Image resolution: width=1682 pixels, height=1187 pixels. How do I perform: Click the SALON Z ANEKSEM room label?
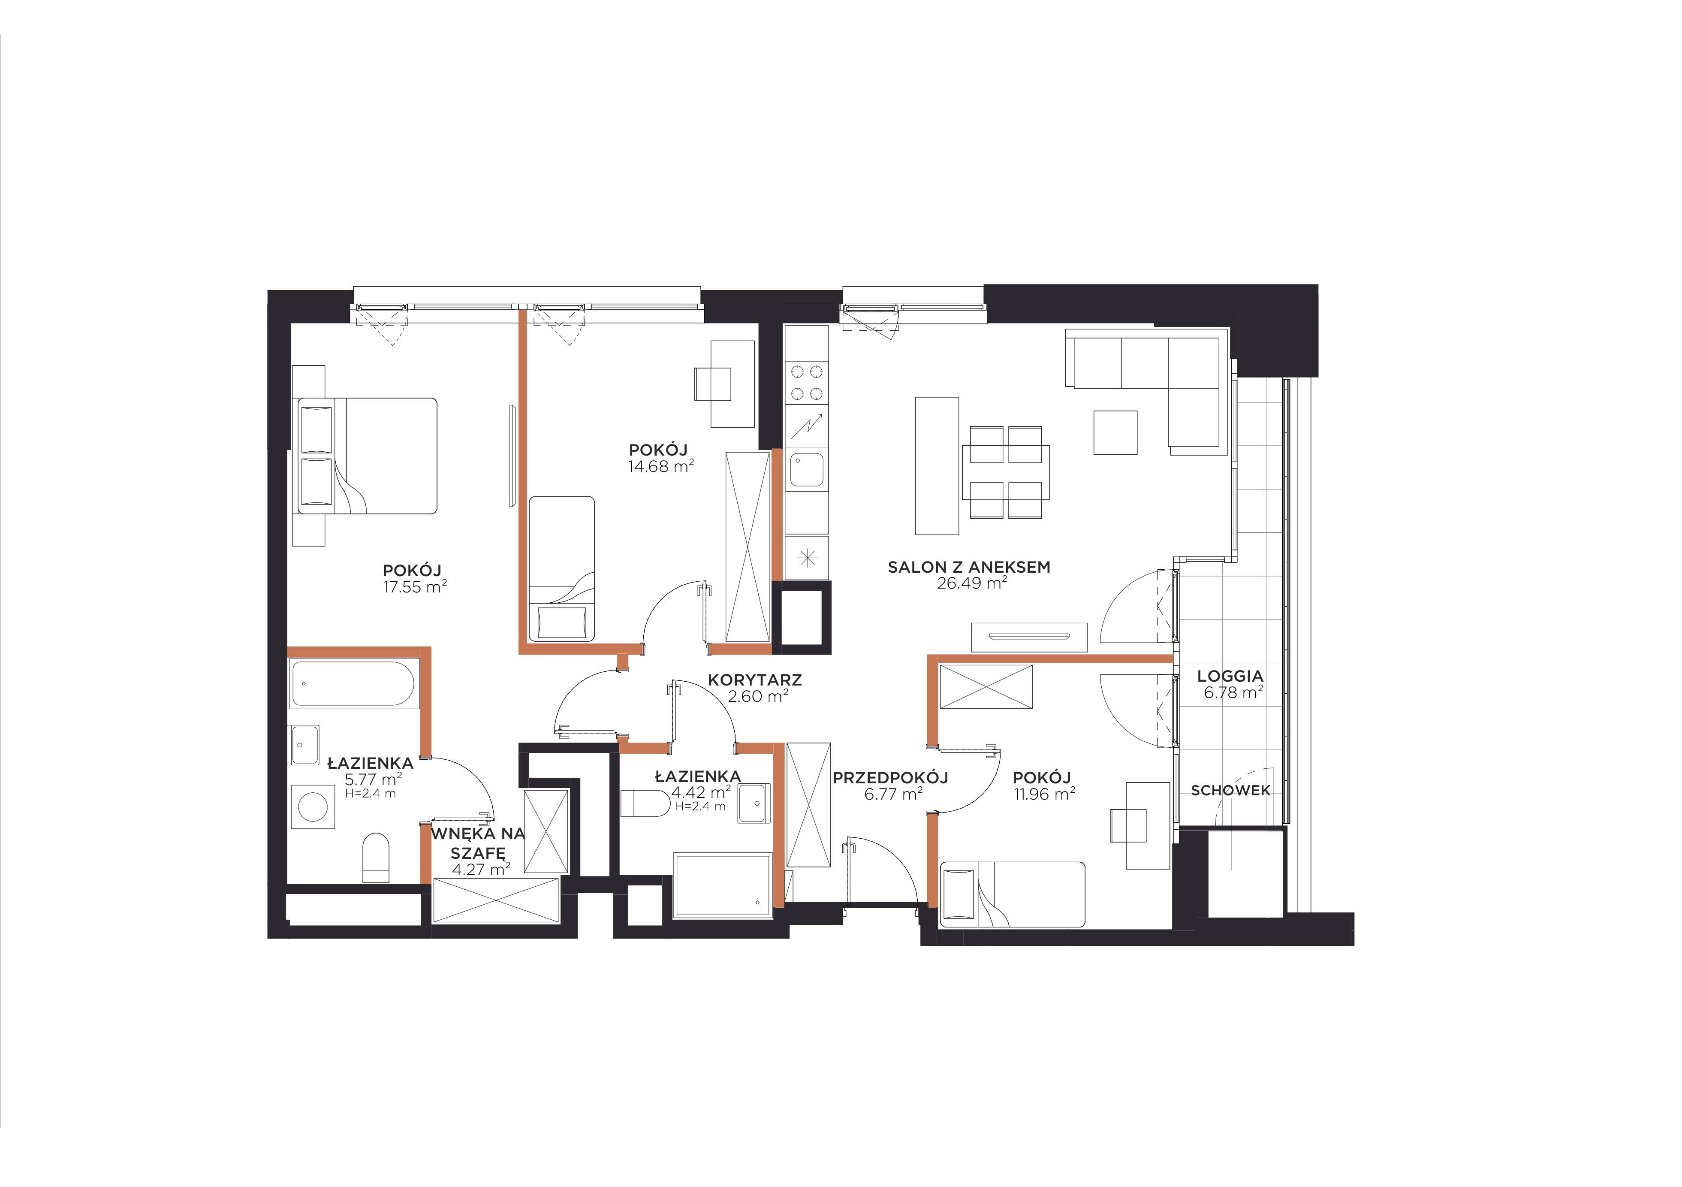tap(968, 567)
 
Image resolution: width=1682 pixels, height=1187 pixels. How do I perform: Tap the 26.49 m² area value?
tap(971, 584)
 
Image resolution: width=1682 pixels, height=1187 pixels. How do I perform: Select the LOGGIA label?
tap(1230, 677)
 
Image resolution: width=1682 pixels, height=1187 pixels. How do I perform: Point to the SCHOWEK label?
tap(1231, 791)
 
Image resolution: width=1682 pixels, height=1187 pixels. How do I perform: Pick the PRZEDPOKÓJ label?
tap(891, 777)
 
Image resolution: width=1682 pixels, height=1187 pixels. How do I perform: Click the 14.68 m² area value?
tap(661, 466)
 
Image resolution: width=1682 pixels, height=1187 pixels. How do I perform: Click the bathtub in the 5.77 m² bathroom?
tap(353, 684)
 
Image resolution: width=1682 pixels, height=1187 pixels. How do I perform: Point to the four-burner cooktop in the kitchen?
tap(807, 383)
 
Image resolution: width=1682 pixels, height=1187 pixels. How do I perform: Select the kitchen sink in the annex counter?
tap(807, 470)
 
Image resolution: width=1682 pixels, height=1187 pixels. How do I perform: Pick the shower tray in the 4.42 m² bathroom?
tap(722, 885)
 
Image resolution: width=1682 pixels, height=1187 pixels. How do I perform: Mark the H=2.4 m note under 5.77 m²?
tap(371, 794)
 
